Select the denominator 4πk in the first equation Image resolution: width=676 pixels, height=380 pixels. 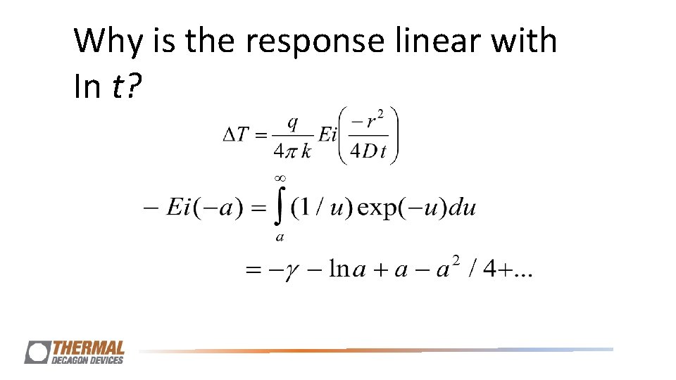tap(291, 151)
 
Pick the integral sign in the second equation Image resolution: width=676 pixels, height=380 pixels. tap(280, 208)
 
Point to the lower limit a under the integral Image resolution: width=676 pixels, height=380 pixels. tap(280, 237)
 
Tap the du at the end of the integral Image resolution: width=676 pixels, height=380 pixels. tap(461, 208)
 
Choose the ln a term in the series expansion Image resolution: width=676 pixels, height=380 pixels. tap(348, 270)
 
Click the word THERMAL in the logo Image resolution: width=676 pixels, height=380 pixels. tap(89, 348)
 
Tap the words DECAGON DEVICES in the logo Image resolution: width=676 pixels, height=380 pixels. tap(88, 360)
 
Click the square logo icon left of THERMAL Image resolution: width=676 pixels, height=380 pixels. tap(37, 352)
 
